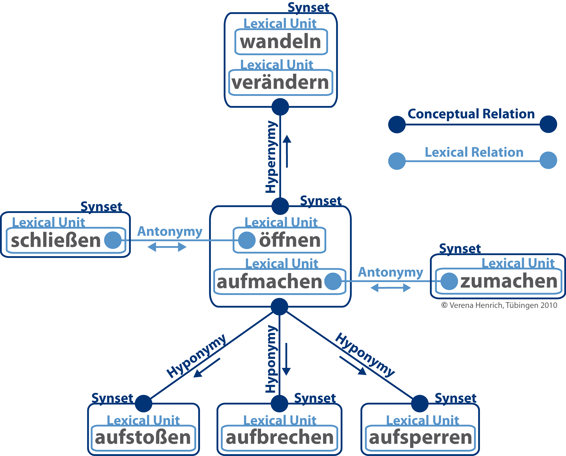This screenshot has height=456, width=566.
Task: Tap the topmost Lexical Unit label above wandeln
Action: [x=280, y=24]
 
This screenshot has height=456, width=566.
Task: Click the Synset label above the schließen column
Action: [x=101, y=206]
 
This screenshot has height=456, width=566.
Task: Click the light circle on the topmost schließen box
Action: [x=113, y=240]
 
